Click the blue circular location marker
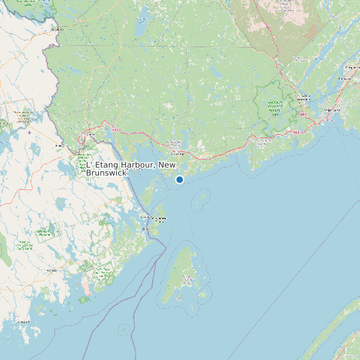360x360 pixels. tap(179, 179)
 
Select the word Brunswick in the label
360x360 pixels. tap(106, 173)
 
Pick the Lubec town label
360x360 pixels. tap(147, 230)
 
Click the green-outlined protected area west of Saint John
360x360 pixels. tap(273, 106)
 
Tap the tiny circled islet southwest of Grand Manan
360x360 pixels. tap(124, 328)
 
